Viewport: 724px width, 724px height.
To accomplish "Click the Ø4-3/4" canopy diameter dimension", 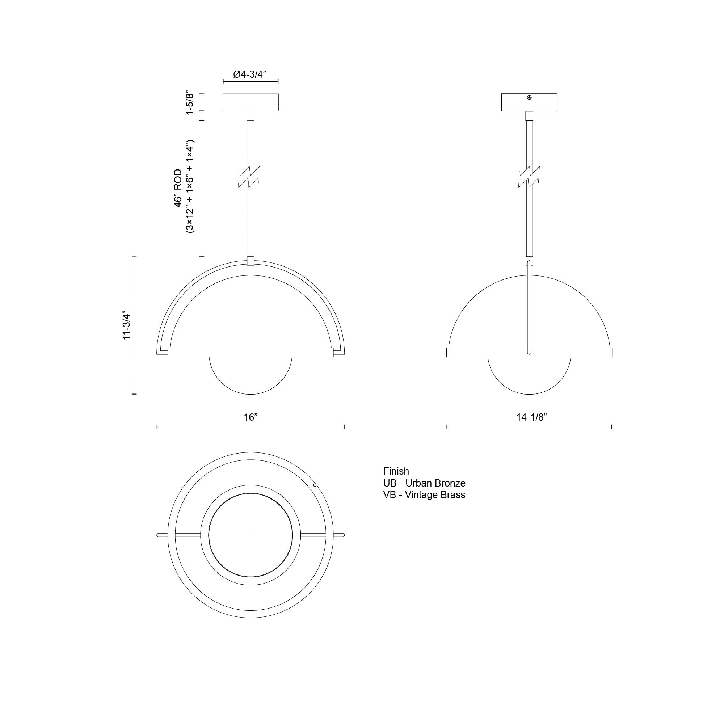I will click(250, 74).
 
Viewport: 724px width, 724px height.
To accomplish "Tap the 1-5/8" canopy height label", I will click(191, 102).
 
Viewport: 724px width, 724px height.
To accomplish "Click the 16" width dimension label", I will click(251, 417).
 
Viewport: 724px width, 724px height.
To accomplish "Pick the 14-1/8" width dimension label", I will click(531, 417).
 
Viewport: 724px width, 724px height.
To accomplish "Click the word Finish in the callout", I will click(396, 471).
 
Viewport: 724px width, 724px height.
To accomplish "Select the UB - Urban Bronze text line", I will click(424, 483).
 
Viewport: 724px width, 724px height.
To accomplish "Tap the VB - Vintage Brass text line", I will click(424, 494).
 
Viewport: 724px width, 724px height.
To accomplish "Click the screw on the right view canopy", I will click(529, 97).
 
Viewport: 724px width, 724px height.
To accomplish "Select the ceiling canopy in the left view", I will click(251, 102).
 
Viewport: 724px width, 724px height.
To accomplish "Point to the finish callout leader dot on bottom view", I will click(315, 485).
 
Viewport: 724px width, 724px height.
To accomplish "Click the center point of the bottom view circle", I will click(251, 535).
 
